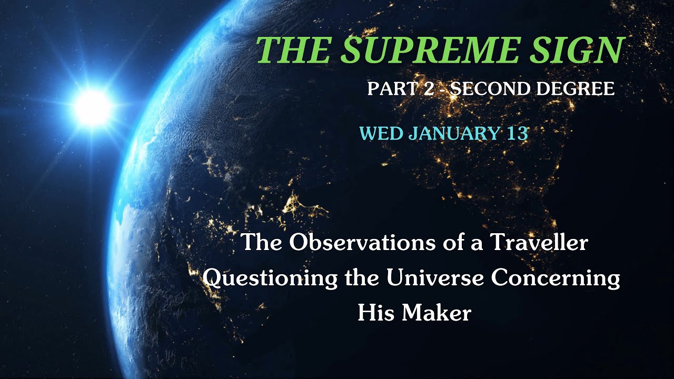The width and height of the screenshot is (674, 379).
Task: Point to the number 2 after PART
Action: (x=429, y=88)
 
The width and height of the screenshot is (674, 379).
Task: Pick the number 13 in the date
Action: (x=518, y=133)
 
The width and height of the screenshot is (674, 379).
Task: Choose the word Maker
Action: (x=436, y=313)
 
